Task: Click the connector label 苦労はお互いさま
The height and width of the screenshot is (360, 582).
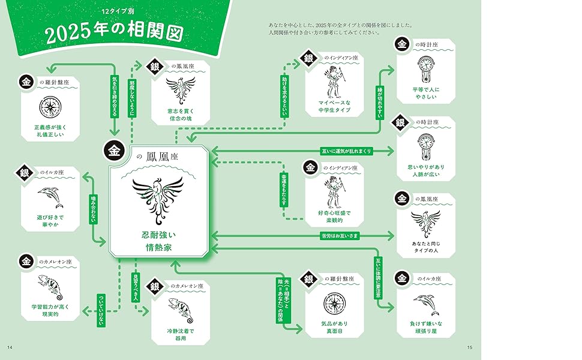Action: coord(339,236)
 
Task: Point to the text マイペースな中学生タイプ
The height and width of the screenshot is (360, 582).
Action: coord(334,106)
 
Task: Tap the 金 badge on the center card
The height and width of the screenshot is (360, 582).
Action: coord(114,151)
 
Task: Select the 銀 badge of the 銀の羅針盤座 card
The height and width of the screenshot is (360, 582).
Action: coord(309,279)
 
